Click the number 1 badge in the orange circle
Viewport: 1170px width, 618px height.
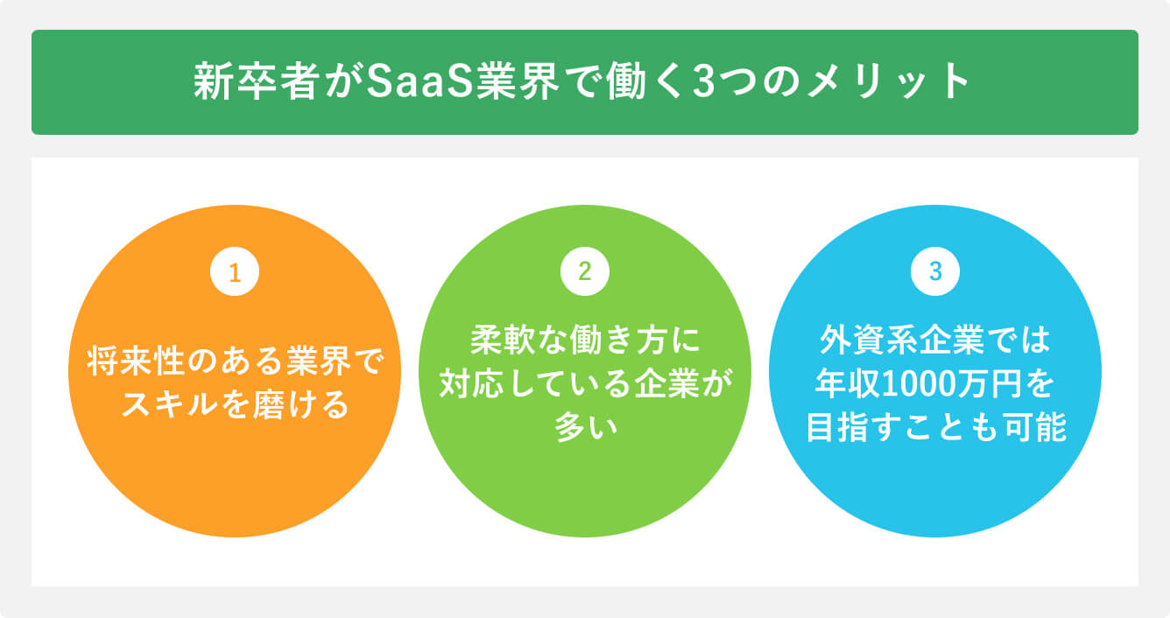(x=235, y=272)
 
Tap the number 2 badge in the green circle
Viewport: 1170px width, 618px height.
(x=585, y=272)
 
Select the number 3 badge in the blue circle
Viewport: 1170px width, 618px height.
(x=935, y=272)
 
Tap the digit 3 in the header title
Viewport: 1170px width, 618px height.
(x=701, y=83)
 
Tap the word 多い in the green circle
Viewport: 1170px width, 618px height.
(x=585, y=428)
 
